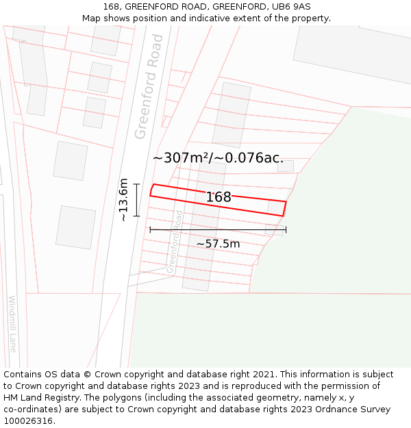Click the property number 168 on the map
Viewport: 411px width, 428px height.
(219, 197)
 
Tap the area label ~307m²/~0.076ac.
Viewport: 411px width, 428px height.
(218, 158)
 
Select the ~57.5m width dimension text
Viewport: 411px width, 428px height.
(218, 244)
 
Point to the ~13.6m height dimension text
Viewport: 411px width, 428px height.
(123, 200)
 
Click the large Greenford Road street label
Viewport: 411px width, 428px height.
(149, 86)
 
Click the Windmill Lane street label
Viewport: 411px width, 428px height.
(13, 323)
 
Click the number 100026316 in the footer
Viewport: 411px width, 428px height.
(27, 421)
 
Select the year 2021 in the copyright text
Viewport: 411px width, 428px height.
(264, 375)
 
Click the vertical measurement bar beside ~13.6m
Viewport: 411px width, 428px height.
(137, 200)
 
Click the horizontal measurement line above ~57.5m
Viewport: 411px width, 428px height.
(218, 229)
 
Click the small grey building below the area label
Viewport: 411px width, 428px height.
(285, 166)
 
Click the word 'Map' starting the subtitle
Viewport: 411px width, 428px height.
(91, 18)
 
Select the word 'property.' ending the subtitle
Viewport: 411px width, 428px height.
(308, 18)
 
